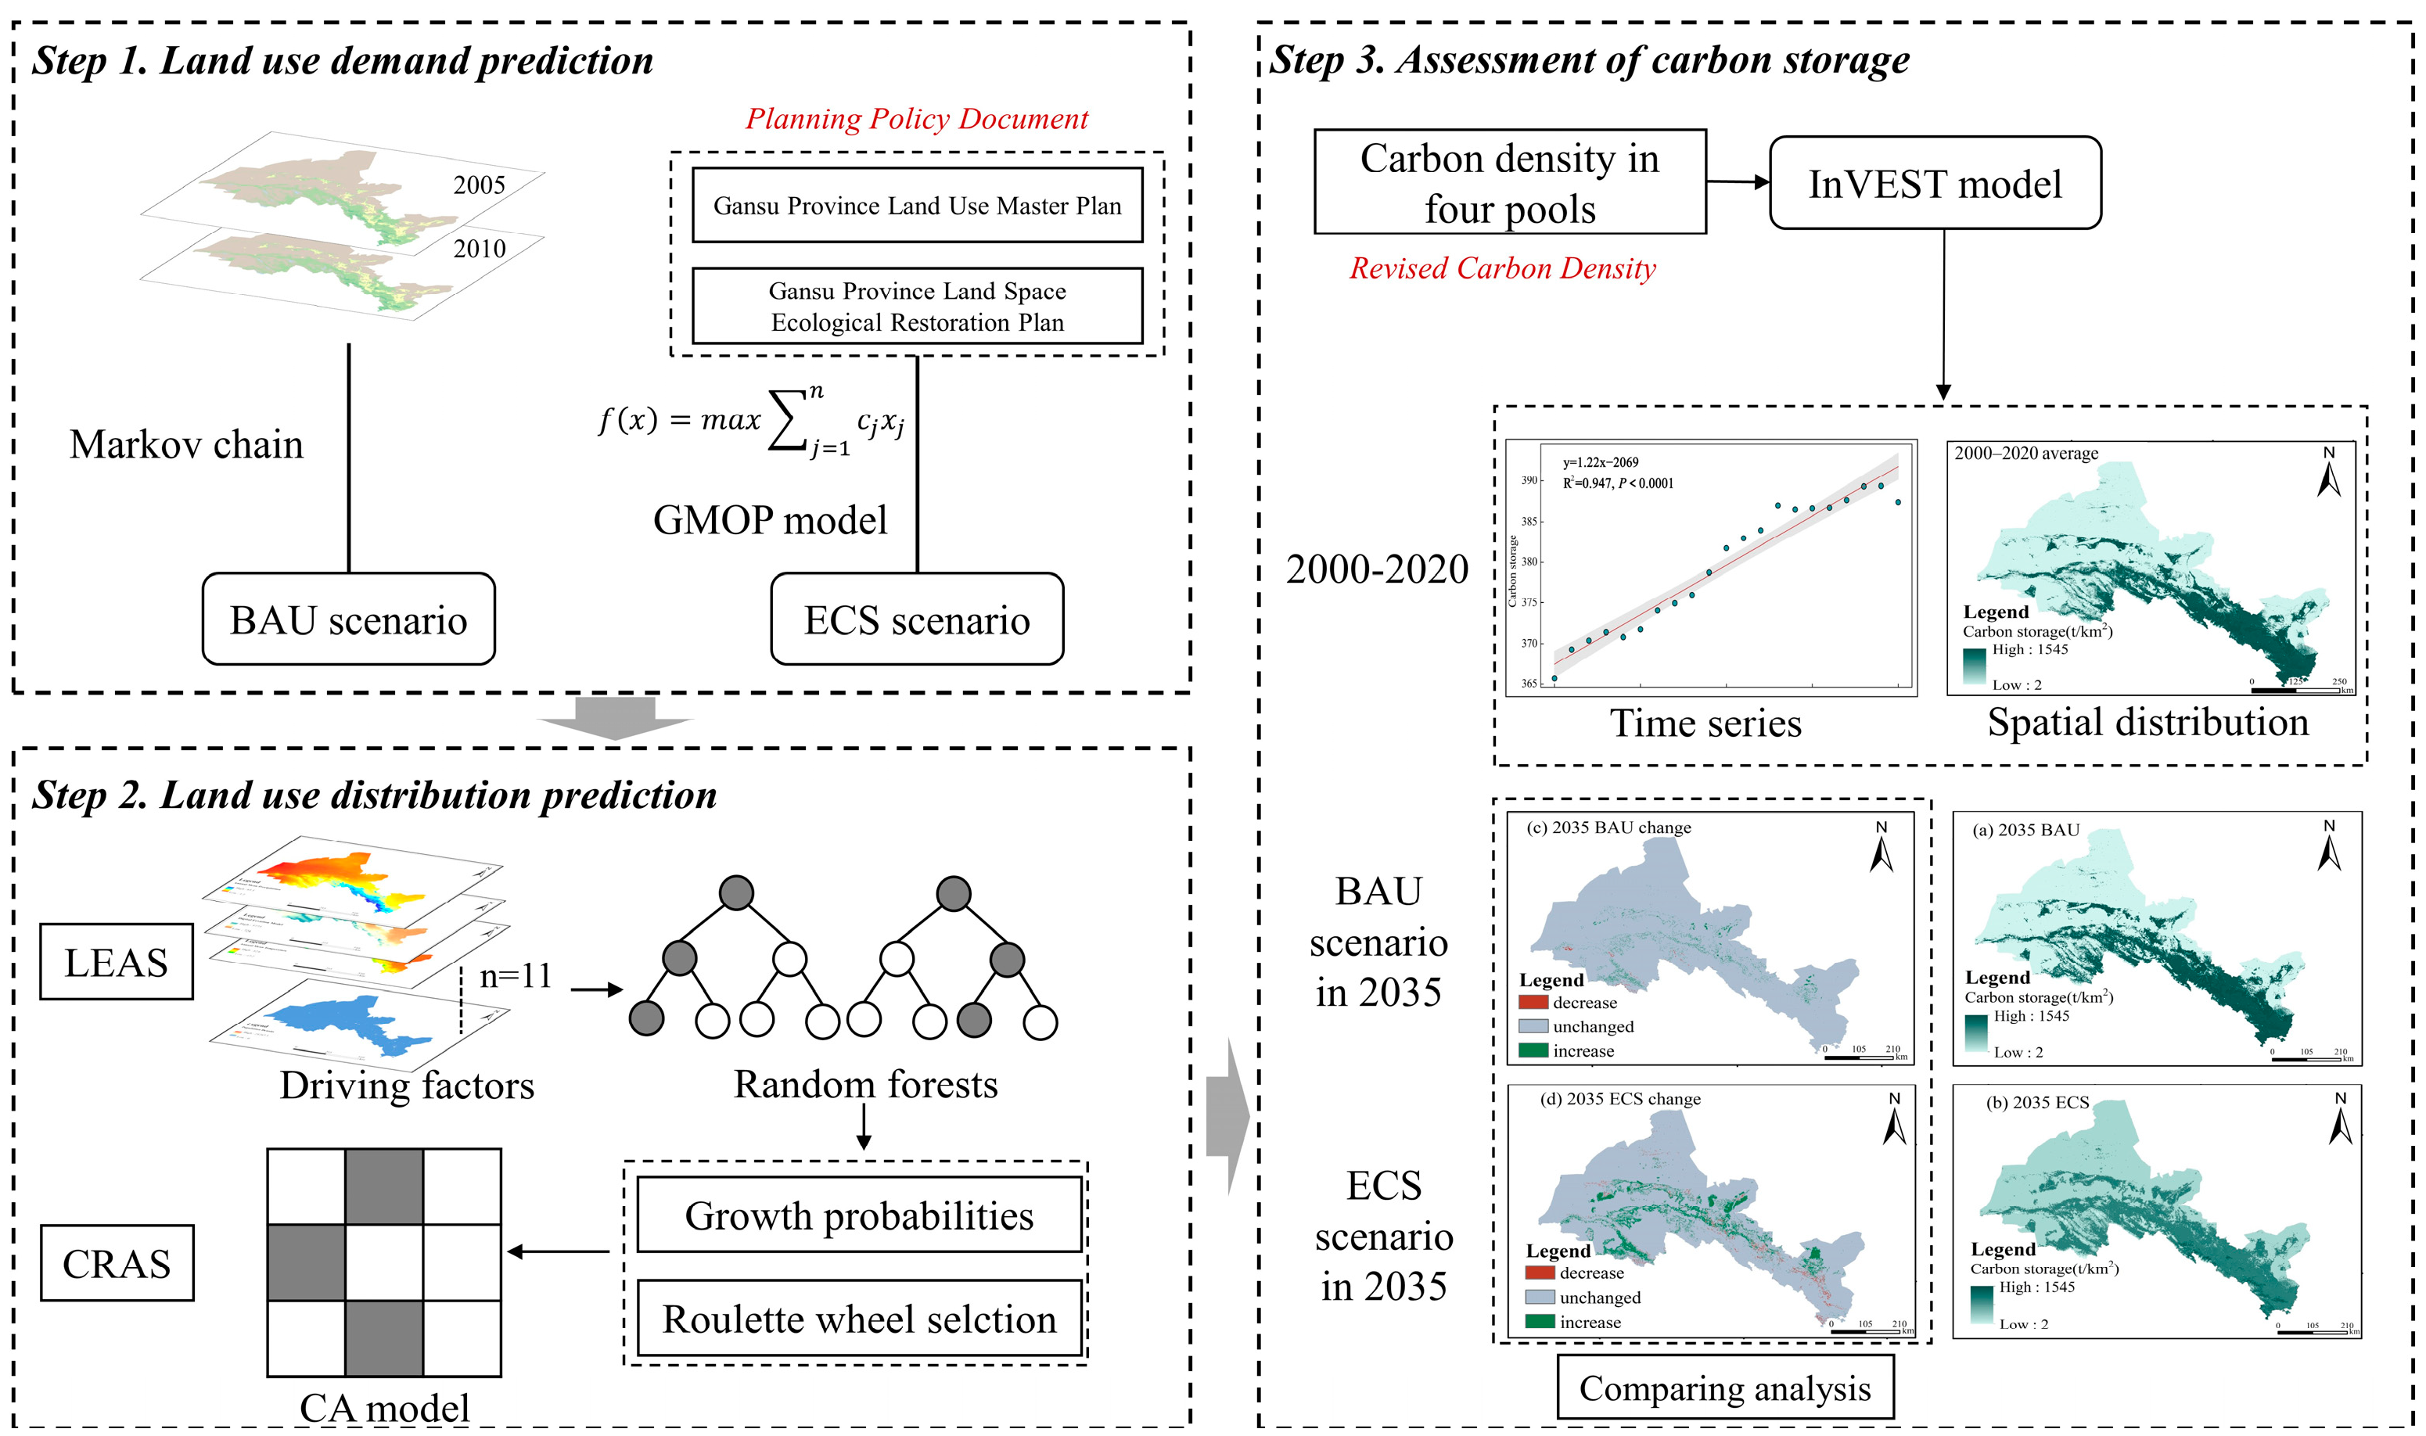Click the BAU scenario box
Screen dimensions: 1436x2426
click(x=348, y=619)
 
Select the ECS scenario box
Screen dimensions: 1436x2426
click(x=916, y=619)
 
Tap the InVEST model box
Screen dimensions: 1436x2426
click(x=1935, y=183)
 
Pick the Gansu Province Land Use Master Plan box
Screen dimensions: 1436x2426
click(x=916, y=205)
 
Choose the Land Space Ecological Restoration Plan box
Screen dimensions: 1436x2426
click(x=916, y=306)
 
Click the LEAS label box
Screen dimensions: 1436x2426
click(x=116, y=962)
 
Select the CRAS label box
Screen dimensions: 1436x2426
click(x=116, y=1263)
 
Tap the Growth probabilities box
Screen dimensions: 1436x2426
click(x=858, y=1215)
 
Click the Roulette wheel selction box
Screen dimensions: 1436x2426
click(x=858, y=1319)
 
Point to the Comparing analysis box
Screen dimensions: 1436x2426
click(x=1724, y=1388)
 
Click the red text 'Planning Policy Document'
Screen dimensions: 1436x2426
click(x=916, y=119)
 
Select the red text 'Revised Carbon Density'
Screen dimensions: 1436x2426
click(x=1502, y=268)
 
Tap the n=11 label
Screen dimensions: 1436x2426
click(x=516, y=975)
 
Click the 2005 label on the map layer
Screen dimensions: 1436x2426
click(x=479, y=185)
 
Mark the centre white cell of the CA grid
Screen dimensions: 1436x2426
click(x=384, y=1263)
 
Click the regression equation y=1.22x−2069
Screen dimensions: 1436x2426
click(x=1601, y=462)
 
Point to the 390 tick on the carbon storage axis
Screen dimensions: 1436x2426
click(x=1529, y=481)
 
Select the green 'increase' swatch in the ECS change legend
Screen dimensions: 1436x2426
click(x=1540, y=1322)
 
